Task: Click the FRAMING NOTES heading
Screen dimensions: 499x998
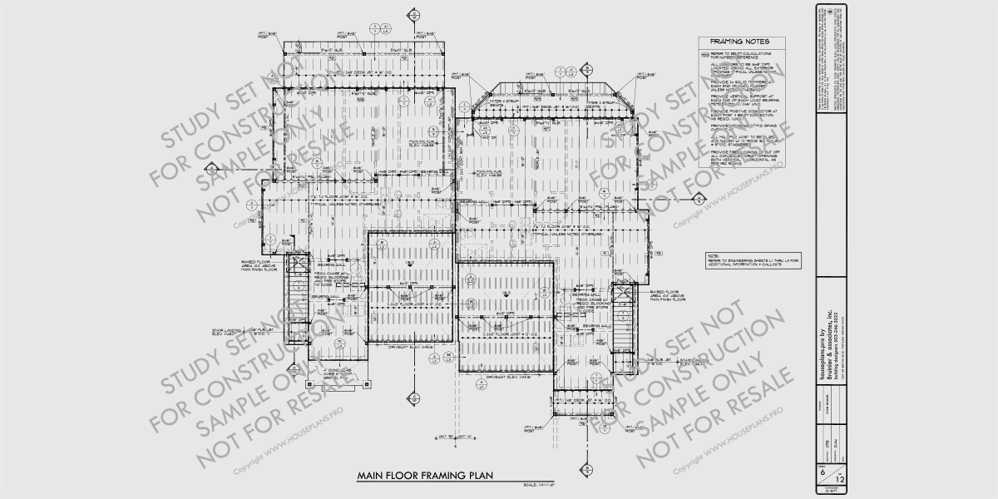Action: [x=739, y=42]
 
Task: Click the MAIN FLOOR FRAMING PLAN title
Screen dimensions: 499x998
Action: [x=425, y=476]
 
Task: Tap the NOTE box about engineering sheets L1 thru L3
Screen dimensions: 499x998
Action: [x=752, y=259]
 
